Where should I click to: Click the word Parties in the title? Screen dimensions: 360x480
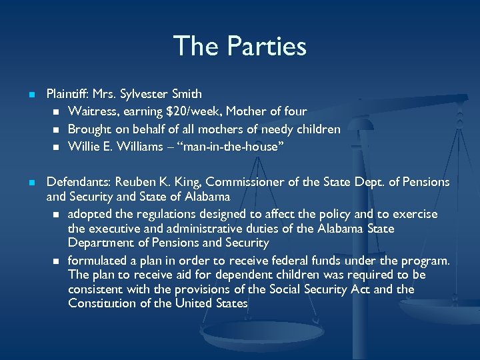pyautogui.click(x=267, y=47)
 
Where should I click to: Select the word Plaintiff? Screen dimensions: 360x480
pyautogui.click(x=70, y=94)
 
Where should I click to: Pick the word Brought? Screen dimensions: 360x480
pyautogui.click(x=89, y=129)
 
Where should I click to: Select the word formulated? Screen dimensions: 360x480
pyautogui.click(x=97, y=259)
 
